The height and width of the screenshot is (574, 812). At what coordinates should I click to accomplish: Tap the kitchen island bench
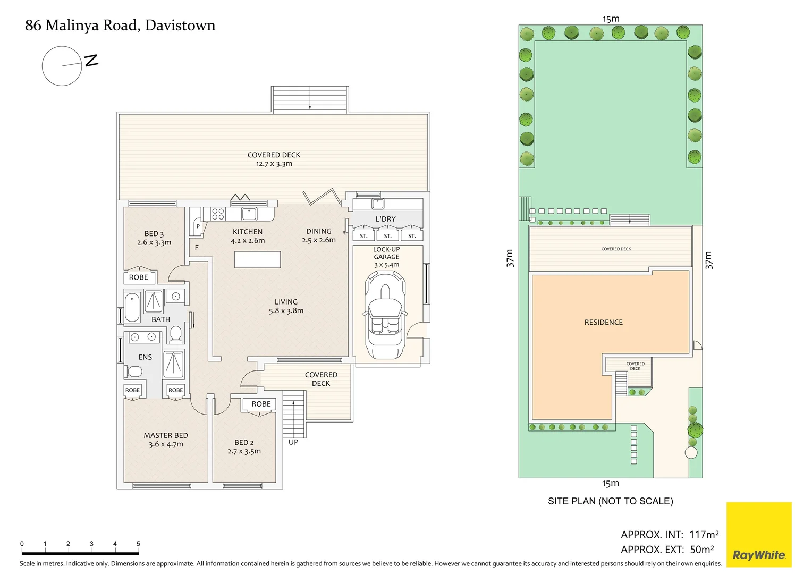pyautogui.click(x=257, y=259)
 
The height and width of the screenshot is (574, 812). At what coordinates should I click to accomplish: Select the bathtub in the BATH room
pyautogui.click(x=132, y=307)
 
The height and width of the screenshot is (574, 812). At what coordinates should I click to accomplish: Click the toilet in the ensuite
pyautogui.click(x=133, y=370)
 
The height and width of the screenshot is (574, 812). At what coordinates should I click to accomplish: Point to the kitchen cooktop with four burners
pyautogui.click(x=218, y=214)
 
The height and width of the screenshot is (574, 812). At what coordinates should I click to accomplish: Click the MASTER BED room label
pyautogui.click(x=166, y=435)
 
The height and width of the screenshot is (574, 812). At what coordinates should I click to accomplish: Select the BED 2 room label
pyautogui.click(x=244, y=442)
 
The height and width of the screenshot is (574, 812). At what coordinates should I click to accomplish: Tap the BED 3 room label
pyautogui.click(x=154, y=233)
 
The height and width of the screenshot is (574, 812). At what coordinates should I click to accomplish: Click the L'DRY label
pyautogui.click(x=385, y=219)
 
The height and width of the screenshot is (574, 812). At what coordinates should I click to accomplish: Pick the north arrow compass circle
pyautogui.click(x=62, y=66)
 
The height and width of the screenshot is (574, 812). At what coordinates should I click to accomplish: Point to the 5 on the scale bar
pyautogui.click(x=138, y=544)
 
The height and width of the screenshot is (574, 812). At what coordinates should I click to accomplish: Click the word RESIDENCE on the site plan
pyautogui.click(x=603, y=322)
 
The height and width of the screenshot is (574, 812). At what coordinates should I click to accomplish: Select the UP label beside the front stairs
pyautogui.click(x=293, y=442)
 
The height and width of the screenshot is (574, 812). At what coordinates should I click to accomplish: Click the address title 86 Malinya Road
pyautogui.click(x=120, y=25)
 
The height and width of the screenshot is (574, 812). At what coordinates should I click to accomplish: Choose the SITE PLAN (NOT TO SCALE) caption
pyautogui.click(x=610, y=501)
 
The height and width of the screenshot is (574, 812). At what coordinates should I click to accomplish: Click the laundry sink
pyautogui.click(x=378, y=204)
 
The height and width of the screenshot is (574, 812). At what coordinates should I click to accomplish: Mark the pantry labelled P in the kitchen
pyautogui.click(x=198, y=226)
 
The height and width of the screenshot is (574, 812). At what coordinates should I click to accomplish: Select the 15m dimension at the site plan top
pyautogui.click(x=611, y=19)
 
